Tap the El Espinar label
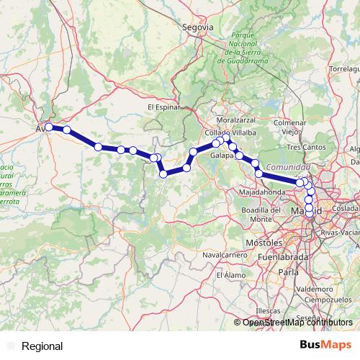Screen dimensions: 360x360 [163, 107]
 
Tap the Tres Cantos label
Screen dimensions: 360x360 [303, 147]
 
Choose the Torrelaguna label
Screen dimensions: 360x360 [344, 68]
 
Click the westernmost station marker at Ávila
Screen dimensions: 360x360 [48, 127]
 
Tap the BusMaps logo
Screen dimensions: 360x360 [321, 346]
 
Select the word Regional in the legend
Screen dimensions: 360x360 [42, 346]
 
